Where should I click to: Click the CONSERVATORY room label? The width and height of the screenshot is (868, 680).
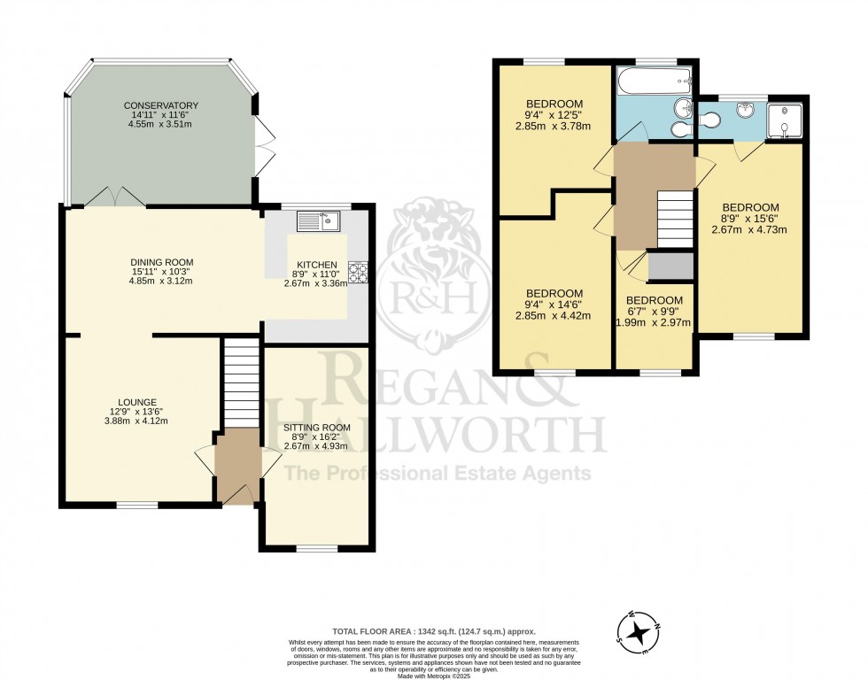pos(160,105)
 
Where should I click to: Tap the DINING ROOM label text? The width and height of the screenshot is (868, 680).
pos(160,261)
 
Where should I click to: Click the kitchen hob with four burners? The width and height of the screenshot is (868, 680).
pos(358,273)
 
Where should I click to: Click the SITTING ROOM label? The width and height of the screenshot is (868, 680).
pos(317,428)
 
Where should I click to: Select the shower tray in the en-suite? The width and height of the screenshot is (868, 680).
pos(785,123)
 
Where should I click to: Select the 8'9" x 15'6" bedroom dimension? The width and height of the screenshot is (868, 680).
pos(749,218)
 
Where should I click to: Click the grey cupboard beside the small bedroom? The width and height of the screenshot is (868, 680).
pos(670,266)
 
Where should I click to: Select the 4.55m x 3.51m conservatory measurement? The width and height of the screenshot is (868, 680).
pos(160,125)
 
